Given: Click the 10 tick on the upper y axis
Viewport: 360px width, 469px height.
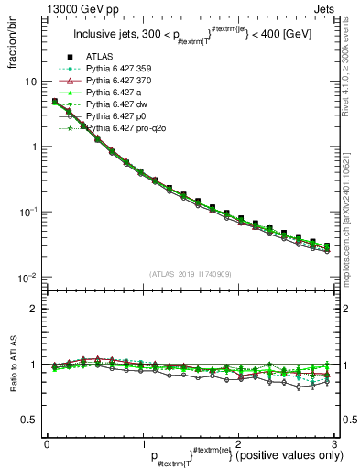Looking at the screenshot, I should pos(31,82).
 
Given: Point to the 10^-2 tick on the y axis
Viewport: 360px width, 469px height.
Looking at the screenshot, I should pos(27,278).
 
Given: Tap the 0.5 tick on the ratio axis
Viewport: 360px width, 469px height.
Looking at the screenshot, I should pos(29,420).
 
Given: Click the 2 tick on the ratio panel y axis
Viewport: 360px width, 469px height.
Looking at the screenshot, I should pos(33,309).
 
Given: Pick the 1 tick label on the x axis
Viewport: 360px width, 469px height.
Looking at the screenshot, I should pos(142,442).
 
